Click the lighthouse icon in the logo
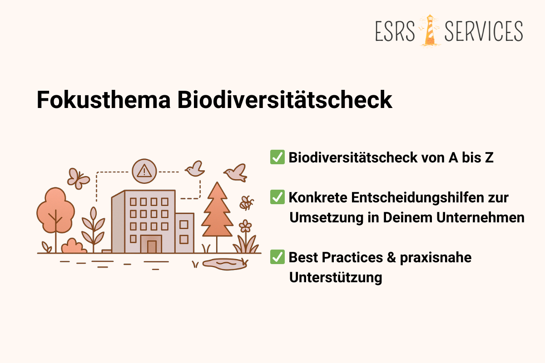pyautogui.click(x=429, y=30)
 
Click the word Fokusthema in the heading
pyautogui.click(x=103, y=100)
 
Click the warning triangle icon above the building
pyautogui.click(x=144, y=171)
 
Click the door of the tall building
pyautogui.click(x=152, y=246)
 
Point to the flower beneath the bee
pyautogui.click(x=245, y=226)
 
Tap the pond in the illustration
pyautogui.click(x=225, y=264)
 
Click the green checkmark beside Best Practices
pyautogui.click(x=277, y=257)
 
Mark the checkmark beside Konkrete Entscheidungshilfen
pyautogui.click(x=277, y=197)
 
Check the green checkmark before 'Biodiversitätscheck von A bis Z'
pyautogui.click(x=277, y=157)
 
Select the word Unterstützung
pyautogui.click(x=336, y=277)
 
